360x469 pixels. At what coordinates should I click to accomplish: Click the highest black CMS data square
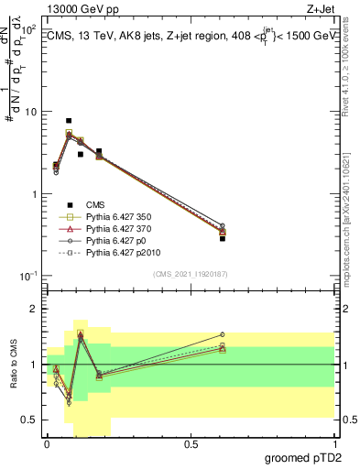(x=69, y=121)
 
